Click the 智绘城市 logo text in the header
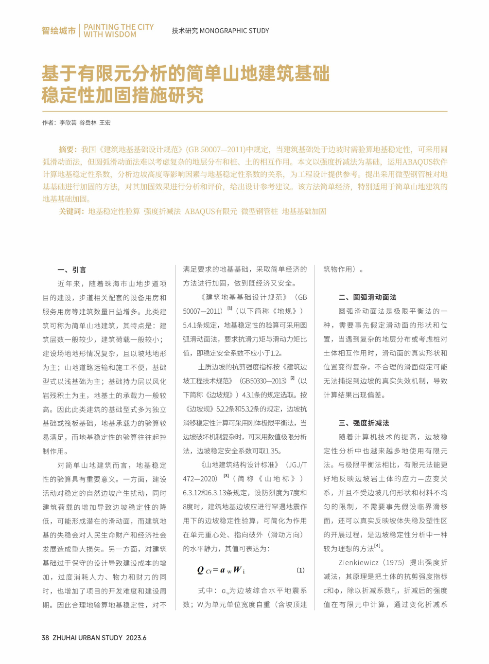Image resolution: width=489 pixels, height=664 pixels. pos(58,31)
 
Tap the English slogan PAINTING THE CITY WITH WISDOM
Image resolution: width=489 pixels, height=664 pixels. pos(118,31)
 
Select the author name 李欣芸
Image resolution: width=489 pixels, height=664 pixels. pos(68,123)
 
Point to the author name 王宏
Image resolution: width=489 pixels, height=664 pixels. pos(105,123)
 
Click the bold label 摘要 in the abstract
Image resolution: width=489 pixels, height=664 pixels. pos(68,149)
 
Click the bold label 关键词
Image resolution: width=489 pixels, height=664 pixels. pos(71,211)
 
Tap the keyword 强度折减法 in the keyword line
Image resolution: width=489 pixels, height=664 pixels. pos(162,211)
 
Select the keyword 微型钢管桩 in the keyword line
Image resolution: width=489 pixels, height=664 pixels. pos(259,211)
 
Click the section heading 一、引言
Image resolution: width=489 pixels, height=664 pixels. pos(71,269)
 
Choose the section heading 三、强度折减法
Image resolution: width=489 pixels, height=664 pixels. pos(364,423)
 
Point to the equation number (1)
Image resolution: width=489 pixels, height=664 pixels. pos(300,570)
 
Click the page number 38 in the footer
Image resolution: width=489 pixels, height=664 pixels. pos(45,638)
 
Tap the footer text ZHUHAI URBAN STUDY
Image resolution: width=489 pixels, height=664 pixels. pos(87,638)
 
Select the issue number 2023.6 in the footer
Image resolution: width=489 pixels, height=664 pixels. pos(136,638)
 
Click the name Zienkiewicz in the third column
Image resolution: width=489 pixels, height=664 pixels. pos(358,562)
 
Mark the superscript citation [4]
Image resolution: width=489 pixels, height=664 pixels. pos(377,546)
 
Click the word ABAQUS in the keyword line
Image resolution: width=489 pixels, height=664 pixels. pos(200,211)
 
